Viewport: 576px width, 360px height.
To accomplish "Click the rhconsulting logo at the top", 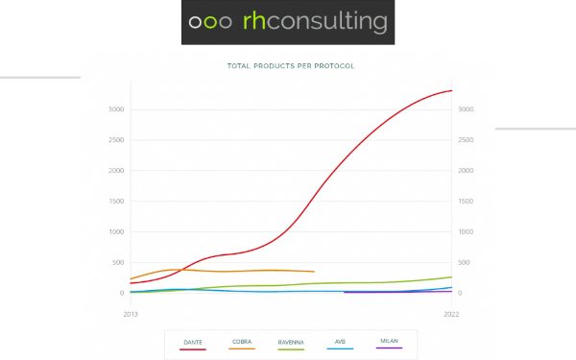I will (x=287, y=22).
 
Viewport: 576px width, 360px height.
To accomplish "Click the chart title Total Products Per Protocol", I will (x=290, y=66).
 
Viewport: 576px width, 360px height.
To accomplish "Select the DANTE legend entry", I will (x=193, y=342).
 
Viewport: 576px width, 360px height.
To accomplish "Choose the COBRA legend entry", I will (x=241, y=342).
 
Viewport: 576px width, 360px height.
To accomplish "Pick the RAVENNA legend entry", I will (x=291, y=342).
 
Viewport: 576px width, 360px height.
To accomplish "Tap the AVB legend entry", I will (x=341, y=342).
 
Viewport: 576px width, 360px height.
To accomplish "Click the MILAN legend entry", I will (x=389, y=342).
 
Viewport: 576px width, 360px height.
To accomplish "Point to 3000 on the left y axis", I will (x=116, y=109).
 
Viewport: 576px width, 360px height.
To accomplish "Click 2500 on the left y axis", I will (x=116, y=140).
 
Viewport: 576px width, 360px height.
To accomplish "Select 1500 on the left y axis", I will (x=116, y=202).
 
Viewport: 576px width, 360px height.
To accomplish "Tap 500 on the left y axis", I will (x=118, y=263).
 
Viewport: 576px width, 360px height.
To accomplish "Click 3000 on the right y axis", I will (x=466, y=109).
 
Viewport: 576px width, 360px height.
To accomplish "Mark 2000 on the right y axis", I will (x=466, y=171).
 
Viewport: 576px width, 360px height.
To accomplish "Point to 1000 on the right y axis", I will (x=466, y=232).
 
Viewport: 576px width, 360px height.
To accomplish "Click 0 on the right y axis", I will (x=460, y=294).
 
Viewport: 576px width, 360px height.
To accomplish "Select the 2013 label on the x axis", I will (x=131, y=314).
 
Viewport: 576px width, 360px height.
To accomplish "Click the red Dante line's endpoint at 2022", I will (x=451, y=90).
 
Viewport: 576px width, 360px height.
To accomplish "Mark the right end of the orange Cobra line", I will (x=314, y=272).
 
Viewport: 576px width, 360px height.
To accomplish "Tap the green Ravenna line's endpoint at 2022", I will (x=451, y=277).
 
